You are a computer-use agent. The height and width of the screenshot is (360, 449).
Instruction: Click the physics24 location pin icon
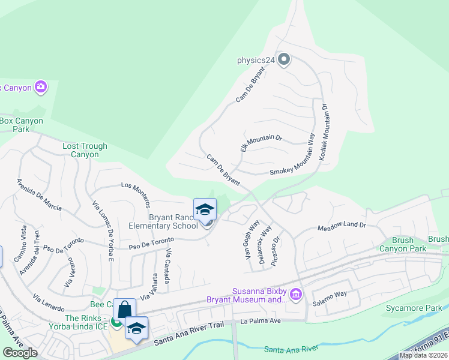coord(285,59)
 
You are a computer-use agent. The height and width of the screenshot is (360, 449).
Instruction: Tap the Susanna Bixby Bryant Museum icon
coord(295,294)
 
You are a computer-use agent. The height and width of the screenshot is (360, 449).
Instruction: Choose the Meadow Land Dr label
coord(341,226)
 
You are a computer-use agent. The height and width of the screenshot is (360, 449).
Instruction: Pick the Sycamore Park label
coord(421,308)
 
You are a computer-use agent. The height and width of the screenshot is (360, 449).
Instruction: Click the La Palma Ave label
coord(261,321)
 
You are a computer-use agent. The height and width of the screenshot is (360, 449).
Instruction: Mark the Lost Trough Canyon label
coord(85,150)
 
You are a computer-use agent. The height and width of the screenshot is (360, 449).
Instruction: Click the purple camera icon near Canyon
coord(41,88)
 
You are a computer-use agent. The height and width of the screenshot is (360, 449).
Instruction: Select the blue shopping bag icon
coord(124,310)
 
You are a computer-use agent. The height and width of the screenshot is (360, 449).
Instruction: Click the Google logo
coord(20,353)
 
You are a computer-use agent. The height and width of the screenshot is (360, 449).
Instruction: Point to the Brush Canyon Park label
coord(402,244)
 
